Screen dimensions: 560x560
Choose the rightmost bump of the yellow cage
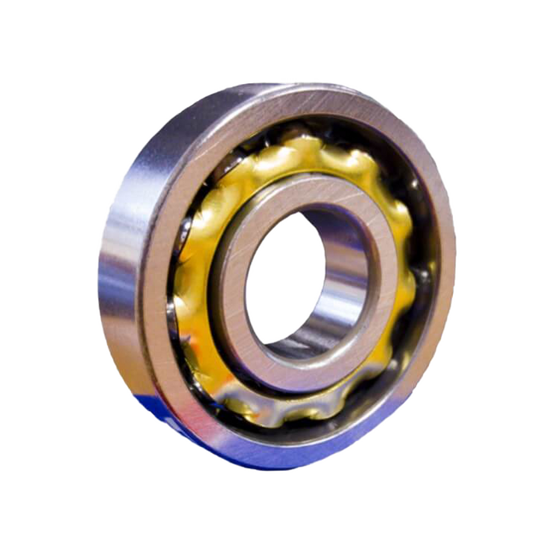pyautogui.click(x=412, y=280)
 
